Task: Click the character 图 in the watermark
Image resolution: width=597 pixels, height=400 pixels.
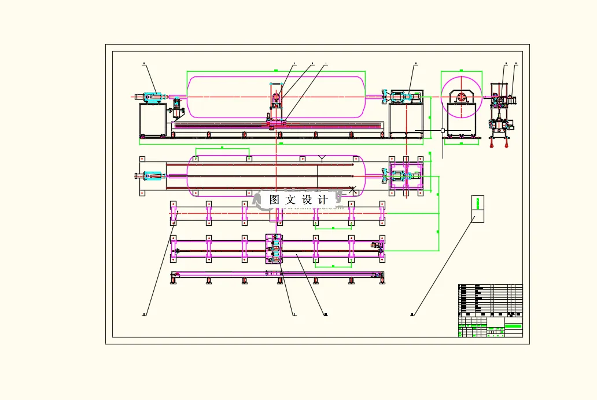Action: pyautogui.click(x=275, y=200)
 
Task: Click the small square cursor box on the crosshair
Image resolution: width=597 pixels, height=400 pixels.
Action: pyautogui.click(x=443, y=131)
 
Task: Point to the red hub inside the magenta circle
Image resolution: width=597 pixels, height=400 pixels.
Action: pyautogui.click(x=461, y=97)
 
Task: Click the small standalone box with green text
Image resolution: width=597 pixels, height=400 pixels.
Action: pyautogui.click(x=478, y=209)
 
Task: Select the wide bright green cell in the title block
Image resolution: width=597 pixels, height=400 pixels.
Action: pyautogui.click(x=513, y=326)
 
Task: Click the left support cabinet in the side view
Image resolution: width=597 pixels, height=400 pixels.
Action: pyautogui.click(x=153, y=120)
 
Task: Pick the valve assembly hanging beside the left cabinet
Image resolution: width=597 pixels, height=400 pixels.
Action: pyautogui.click(x=177, y=107)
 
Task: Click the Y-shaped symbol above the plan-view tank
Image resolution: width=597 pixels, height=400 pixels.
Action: pyautogui.click(x=323, y=157)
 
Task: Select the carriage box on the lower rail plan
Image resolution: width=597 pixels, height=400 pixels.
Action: pyautogui.click(x=274, y=249)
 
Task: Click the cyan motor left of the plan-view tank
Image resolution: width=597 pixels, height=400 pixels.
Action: pyautogui.click(x=153, y=176)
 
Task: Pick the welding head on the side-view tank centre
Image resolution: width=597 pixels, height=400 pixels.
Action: pyautogui.click(x=276, y=100)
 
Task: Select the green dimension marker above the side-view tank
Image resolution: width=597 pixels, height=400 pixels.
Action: pyautogui.click(x=276, y=70)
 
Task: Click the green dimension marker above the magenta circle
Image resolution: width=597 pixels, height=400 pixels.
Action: pyautogui.click(x=461, y=70)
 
